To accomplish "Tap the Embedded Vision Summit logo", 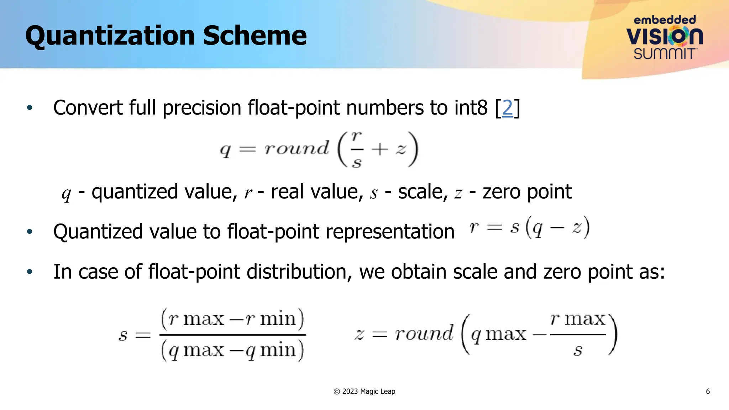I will coord(665,37).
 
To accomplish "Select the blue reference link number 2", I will coord(507,107).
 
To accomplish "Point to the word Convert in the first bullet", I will coord(88,107).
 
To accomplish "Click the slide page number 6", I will coord(708,391).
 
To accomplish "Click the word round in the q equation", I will coord(297,148).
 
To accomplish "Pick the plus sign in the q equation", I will coord(379,149).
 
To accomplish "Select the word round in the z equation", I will coord(424,334).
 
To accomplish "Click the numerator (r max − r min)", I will coord(233,318).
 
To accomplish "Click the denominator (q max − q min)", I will coord(233,350).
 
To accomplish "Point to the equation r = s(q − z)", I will coord(529,228).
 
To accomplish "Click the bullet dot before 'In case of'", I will coord(30,272).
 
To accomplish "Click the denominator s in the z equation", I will coord(577,350).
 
